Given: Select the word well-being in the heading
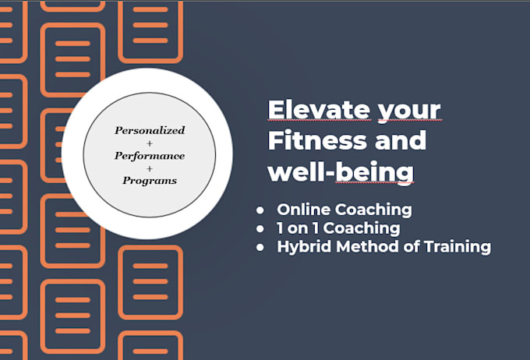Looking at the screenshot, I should click(341, 171).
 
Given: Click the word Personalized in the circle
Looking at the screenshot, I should click(150, 130).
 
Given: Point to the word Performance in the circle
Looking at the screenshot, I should click(150, 155).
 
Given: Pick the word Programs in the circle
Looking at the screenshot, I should click(150, 180).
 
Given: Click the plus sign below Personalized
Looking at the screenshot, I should click(150, 143).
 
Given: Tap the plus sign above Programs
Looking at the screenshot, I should click(150, 168).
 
